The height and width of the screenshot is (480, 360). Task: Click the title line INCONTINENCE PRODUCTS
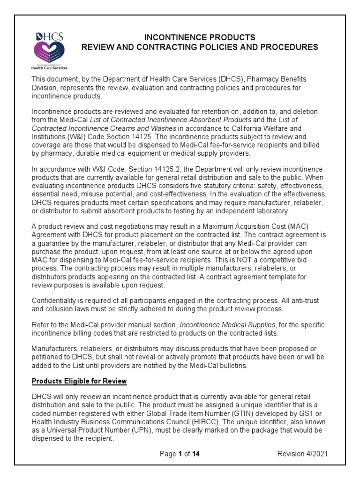coord(199,37)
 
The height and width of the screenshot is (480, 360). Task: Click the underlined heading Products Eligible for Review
coord(79,381)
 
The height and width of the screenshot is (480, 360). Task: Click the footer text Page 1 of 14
coord(180,454)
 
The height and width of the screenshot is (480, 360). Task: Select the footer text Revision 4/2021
coord(302,454)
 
